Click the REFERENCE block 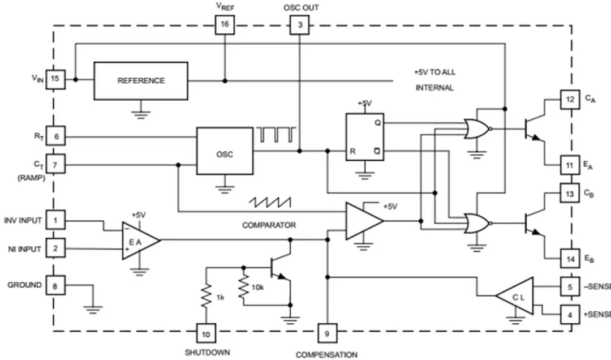pos(141,81)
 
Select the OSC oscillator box pos(225,154)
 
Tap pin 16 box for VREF pos(225,25)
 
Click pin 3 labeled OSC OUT pos(299,25)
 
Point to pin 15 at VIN pos(55,79)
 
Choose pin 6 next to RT pos(55,136)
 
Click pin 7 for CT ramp pos(55,165)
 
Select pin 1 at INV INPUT pos(55,220)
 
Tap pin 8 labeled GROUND pos(55,286)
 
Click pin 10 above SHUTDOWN pos(206,334)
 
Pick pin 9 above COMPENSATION pos(326,334)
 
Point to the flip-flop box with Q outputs pos(365,137)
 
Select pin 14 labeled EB pos(570,259)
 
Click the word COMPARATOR pos(269,225)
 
